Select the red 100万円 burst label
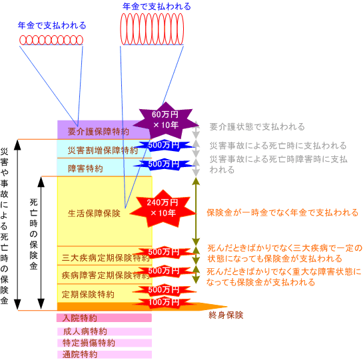point(164,302)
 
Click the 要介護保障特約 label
point(98,132)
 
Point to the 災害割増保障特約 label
point(103,150)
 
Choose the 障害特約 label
point(85,168)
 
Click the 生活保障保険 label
point(94,214)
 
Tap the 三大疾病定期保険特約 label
point(105,258)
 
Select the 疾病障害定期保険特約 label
point(105,275)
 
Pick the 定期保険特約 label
point(88,294)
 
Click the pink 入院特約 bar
point(104,318)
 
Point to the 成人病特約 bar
point(105,331)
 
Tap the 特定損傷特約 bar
point(105,343)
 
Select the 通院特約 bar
point(105,355)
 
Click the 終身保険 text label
point(226,315)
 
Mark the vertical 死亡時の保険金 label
point(33,234)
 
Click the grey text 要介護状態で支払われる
point(257,127)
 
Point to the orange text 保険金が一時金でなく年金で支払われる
point(282,213)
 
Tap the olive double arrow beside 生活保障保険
point(196,212)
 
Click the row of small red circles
point(51,40)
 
